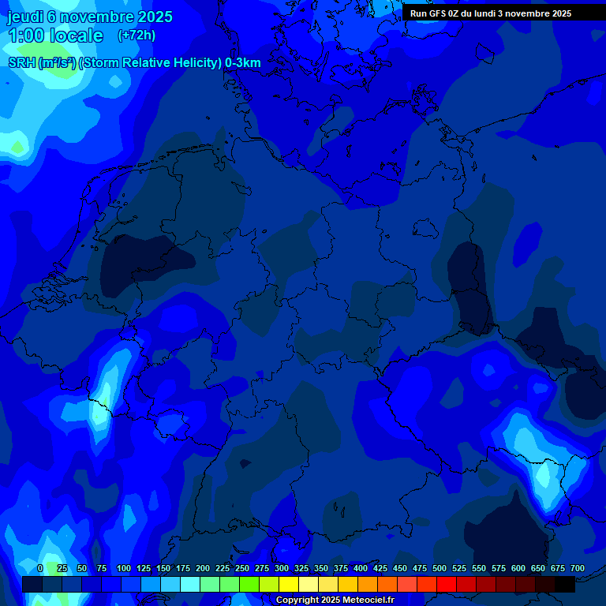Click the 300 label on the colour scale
coord(282,568)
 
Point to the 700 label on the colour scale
coord(578,568)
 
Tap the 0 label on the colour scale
coord(40,568)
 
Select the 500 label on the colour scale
coord(440,568)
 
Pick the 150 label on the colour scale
coord(163,568)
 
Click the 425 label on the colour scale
coord(380,568)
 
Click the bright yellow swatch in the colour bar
coord(289,584)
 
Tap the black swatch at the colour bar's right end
coord(565,584)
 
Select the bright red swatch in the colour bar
coord(447,584)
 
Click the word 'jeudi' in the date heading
coord(25,17)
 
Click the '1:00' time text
coord(26,36)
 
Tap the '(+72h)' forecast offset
coord(137,36)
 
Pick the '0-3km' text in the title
coord(243,62)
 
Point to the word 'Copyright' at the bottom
coord(297,600)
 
